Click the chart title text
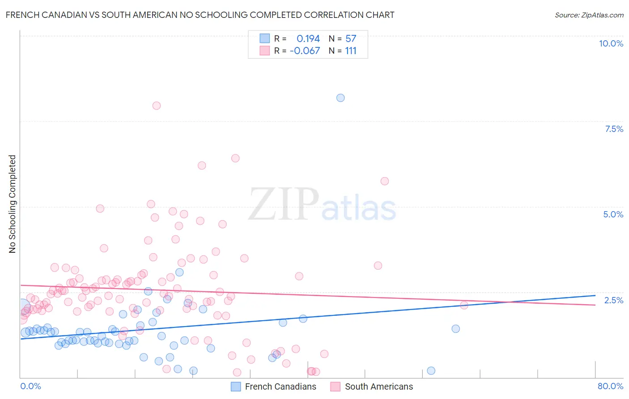[x=200, y=15]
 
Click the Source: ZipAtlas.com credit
[x=589, y=15]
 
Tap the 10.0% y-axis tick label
[x=611, y=43]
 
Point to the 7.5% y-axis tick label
[x=614, y=129]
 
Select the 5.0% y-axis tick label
[x=613, y=214]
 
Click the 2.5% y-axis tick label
[x=613, y=300]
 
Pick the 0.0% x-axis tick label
[x=30, y=386]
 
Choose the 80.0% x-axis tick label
[x=610, y=386]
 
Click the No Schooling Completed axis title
[x=12, y=204]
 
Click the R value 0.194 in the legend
[x=308, y=39]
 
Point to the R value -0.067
[x=305, y=51]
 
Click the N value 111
[x=351, y=51]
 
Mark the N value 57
[x=351, y=39]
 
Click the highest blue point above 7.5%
[x=340, y=98]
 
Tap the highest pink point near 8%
[x=157, y=106]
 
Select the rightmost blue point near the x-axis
[x=431, y=370]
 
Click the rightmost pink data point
[x=464, y=305]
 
